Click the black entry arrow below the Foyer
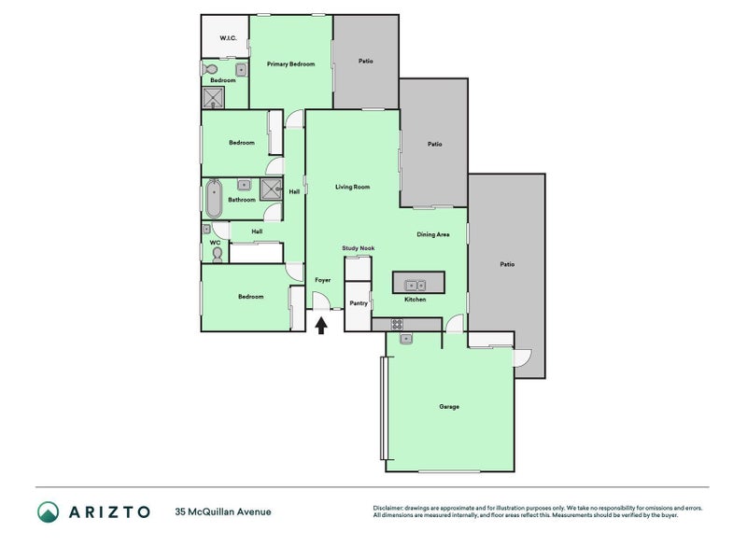coord(322,325)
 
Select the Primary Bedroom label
coord(290,63)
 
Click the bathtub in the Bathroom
coord(214,198)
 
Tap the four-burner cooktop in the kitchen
coord(397,325)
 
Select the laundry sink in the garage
coord(406,340)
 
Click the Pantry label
coord(358,302)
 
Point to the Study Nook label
coord(358,248)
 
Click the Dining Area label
coord(433,234)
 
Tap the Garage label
coord(449,406)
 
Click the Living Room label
coord(353,187)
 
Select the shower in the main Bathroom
coord(272,189)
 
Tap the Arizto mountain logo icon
coord(48,511)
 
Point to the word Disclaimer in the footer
coord(389,508)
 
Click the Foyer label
coord(322,280)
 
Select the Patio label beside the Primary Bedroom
coord(365,62)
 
